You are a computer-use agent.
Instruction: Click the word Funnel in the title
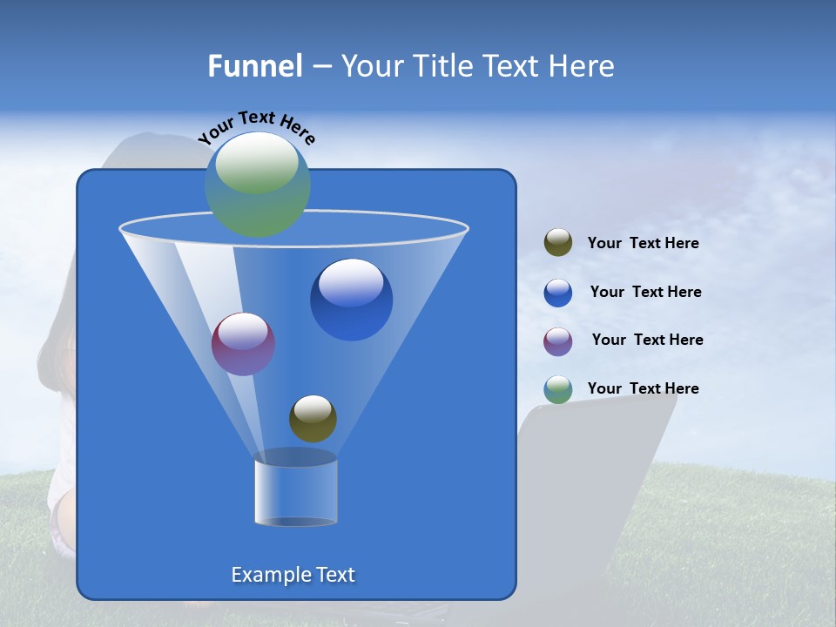[254, 66]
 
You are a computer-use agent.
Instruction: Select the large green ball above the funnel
[258, 185]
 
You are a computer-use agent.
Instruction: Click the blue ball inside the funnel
[351, 300]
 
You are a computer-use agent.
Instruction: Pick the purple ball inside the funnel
[243, 344]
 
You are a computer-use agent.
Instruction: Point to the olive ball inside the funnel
[313, 418]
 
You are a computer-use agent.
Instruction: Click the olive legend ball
[558, 243]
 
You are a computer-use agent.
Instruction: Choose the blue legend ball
[558, 293]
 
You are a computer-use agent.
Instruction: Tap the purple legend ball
[558, 341]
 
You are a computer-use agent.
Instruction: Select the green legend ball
[558, 389]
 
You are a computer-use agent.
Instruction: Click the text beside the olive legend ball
[643, 243]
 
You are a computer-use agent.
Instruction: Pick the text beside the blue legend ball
[645, 292]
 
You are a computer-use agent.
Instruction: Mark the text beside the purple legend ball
[647, 340]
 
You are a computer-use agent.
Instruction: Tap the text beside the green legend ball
[643, 388]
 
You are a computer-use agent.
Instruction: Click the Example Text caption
[293, 575]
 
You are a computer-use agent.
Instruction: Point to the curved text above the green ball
[256, 127]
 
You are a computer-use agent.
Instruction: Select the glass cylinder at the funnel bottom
[295, 492]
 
